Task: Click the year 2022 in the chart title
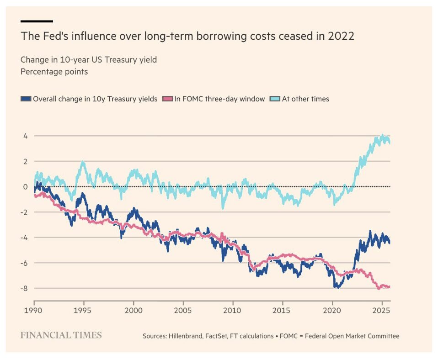click(x=341, y=36)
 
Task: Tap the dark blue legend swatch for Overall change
click(x=26, y=99)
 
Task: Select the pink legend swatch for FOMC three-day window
click(x=168, y=99)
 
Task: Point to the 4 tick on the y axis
click(x=25, y=136)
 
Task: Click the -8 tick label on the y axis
click(x=24, y=288)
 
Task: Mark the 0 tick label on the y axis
click(x=25, y=187)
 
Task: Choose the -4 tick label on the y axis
click(x=24, y=238)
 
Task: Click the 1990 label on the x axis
click(x=34, y=309)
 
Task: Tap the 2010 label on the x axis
click(x=232, y=309)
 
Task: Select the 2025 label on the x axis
click(x=381, y=309)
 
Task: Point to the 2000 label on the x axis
click(x=134, y=309)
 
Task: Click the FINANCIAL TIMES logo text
click(x=61, y=335)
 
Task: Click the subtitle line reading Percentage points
click(x=54, y=72)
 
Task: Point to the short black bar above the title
click(x=37, y=21)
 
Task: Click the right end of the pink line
click(x=390, y=287)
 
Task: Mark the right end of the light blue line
click(x=390, y=142)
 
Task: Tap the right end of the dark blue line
click(x=390, y=243)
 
